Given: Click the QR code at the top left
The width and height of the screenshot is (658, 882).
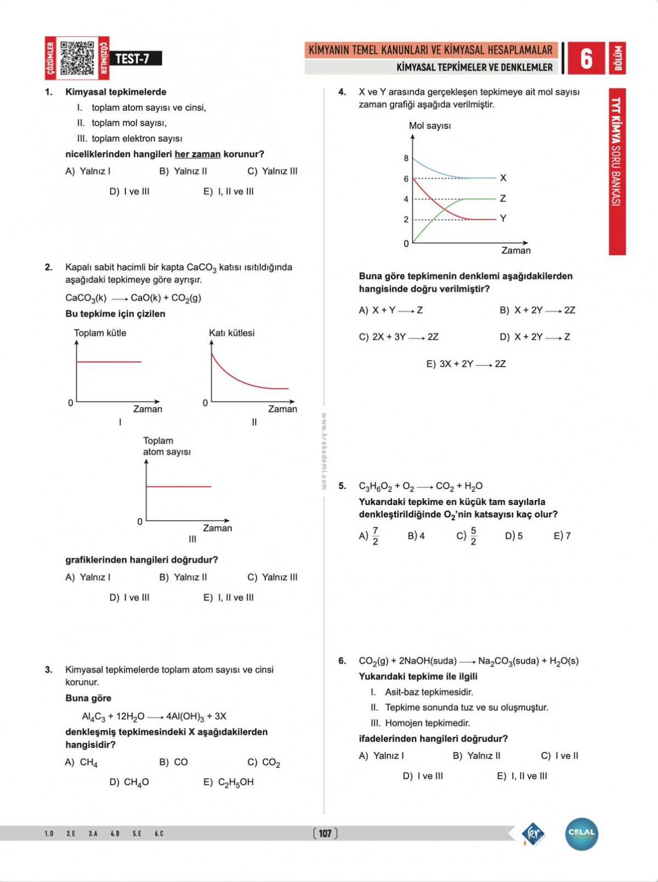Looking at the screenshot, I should pos(77,58).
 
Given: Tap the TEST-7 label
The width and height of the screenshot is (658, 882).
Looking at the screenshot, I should pos(132,59).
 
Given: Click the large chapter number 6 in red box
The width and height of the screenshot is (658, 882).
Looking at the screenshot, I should pos(586,58).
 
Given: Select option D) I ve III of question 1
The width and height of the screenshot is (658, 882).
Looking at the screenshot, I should pos(129,192).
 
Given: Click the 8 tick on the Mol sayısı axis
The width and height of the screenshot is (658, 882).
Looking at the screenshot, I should pos(406,159).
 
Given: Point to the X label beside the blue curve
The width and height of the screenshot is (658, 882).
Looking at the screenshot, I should pos(503,178).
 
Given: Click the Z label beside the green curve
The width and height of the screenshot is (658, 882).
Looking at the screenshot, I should pos(503,198).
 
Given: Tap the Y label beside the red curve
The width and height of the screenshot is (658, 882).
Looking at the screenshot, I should pos(503,218).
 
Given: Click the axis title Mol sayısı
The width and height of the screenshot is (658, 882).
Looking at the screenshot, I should pos(430,126).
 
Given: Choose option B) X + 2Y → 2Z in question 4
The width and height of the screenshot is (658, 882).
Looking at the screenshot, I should pos(537,310).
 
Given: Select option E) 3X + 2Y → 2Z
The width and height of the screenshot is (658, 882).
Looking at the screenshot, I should pos(466,364).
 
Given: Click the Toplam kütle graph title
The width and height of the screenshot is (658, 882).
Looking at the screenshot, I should pos(100,333).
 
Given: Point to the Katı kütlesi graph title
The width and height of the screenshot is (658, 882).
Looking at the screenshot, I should pos(231,333).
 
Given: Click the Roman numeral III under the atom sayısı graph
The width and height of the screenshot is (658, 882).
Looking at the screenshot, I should pos(192,539).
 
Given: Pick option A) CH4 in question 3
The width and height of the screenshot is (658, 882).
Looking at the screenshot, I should pos(81,762).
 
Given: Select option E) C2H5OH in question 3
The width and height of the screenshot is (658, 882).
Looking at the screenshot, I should pos(229,782).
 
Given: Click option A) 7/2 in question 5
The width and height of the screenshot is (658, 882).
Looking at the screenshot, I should pos(369,536).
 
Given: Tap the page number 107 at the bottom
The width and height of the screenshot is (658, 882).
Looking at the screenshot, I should pos(325,834).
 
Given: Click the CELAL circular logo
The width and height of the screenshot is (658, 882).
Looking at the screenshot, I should pos(581,834).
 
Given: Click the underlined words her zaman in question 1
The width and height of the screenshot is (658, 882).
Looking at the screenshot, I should pos(197,154).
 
